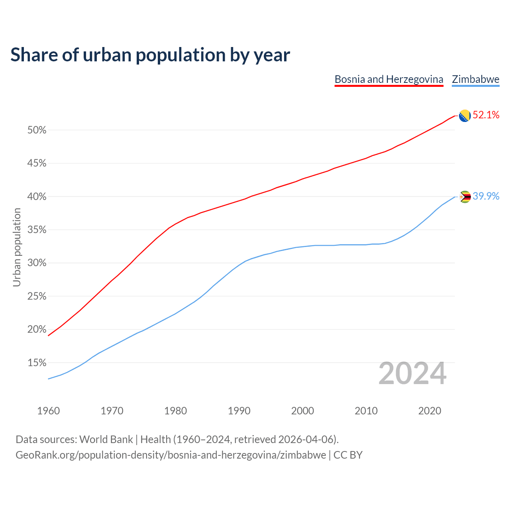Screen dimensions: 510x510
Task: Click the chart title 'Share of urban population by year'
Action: (x=150, y=55)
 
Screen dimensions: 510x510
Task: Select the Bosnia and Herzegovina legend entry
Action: (x=388, y=79)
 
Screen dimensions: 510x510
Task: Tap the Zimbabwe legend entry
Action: (x=475, y=79)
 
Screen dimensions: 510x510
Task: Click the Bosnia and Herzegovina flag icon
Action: (x=465, y=116)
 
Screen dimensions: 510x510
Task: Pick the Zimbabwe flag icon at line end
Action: (x=465, y=197)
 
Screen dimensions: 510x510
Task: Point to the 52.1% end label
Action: (x=486, y=115)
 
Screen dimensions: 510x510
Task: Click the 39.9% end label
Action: (x=486, y=196)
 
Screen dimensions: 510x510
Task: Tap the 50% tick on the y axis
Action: (x=37, y=130)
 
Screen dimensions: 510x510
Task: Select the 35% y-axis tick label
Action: (x=37, y=230)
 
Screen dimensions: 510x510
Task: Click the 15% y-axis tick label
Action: (x=37, y=363)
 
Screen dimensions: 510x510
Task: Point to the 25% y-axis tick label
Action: (x=37, y=296)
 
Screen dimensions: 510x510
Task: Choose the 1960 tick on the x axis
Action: (x=49, y=411)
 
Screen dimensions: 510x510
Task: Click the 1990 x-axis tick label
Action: (x=239, y=411)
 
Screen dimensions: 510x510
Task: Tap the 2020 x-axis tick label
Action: (x=430, y=411)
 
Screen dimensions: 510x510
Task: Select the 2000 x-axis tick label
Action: (x=303, y=411)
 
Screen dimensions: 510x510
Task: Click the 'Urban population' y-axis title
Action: (x=17, y=247)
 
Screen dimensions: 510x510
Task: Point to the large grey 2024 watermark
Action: (x=412, y=374)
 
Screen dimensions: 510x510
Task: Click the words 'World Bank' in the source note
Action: (x=106, y=439)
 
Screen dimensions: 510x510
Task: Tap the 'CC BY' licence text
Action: (x=348, y=455)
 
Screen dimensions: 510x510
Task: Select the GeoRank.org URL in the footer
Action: (x=171, y=455)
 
